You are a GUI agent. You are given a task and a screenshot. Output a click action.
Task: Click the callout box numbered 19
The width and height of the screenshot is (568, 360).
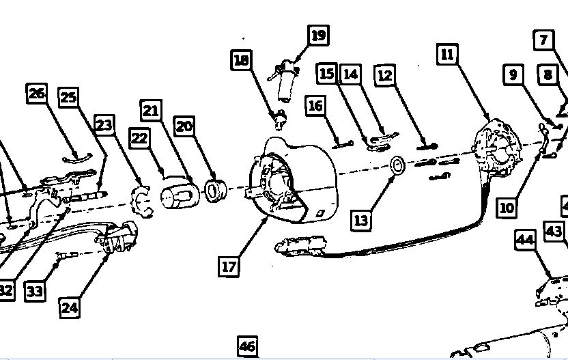click(317, 35)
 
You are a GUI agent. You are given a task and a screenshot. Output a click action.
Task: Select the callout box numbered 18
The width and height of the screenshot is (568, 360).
click(242, 60)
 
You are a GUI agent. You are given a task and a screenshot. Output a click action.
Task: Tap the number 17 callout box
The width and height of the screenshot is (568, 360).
click(229, 265)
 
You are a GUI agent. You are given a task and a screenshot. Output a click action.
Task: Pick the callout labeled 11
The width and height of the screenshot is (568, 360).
click(447, 54)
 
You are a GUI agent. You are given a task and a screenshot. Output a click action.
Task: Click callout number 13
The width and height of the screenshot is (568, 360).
click(362, 219)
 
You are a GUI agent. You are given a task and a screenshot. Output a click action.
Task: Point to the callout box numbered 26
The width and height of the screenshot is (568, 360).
click(37, 93)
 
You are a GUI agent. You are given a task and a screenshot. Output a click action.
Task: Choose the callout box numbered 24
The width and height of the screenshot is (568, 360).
click(70, 307)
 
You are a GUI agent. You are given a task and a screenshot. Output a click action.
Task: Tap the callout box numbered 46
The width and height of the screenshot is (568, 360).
click(248, 346)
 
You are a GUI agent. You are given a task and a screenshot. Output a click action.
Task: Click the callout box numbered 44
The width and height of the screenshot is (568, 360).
click(525, 239)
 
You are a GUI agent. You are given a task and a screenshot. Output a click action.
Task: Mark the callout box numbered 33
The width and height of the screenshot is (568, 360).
click(35, 292)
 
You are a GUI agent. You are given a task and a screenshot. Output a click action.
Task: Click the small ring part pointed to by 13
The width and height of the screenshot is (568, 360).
click(397, 165)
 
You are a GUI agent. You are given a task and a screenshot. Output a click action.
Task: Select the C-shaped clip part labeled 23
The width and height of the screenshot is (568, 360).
click(142, 200)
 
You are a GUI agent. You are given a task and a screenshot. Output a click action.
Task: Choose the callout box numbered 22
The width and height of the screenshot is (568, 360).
click(139, 138)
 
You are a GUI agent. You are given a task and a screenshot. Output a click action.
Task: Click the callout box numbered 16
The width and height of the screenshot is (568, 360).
click(315, 105)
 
